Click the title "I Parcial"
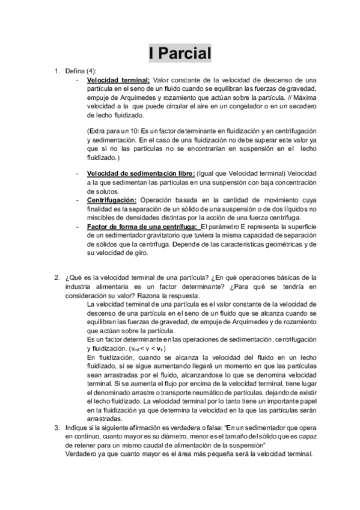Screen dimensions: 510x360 tap(180, 54)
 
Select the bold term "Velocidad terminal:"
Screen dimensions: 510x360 tap(118, 79)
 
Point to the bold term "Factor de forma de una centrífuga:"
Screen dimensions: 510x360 tap(142, 226)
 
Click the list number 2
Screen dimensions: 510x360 tap(56, 278)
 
